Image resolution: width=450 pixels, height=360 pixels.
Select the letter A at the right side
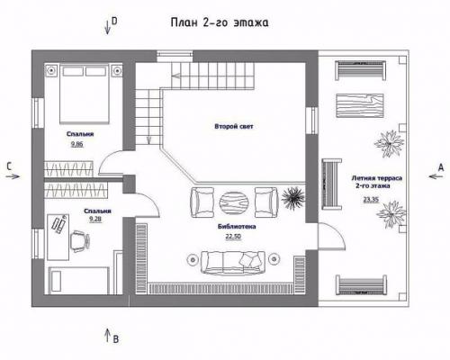(440, 166)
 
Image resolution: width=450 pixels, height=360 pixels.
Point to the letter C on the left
(8, 166)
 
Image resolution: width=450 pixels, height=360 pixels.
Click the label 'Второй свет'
(234, 126)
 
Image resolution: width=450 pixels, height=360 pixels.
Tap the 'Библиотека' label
(237, 227)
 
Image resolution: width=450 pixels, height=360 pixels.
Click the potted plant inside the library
(292, 196)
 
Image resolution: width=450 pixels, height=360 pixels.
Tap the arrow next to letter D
(106, 25)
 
